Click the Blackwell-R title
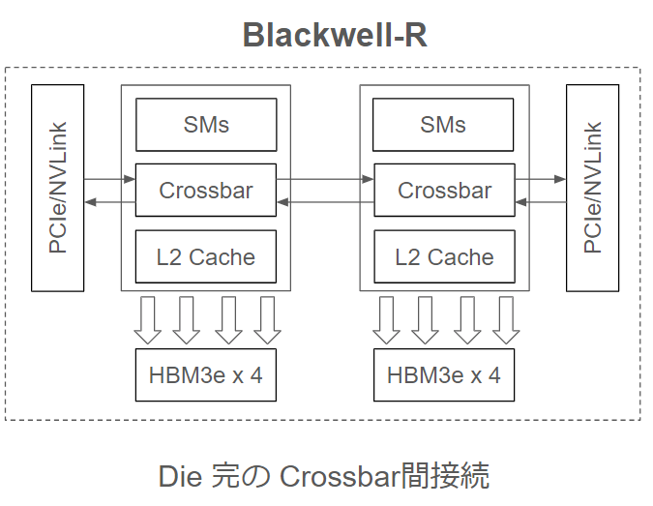(x=334, y=35)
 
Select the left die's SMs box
(x=206, y=125)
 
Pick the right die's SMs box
(x=443, y=125)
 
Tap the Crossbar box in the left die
(x=206, y=190)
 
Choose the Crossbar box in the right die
(x=444, y=190)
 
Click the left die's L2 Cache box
(x=206, y=256)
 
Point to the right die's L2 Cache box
(x=444, y=256)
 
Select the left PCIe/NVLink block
(x=57, y=188)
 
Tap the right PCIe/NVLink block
(x=592, y=188)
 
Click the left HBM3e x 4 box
(x=206, y=374)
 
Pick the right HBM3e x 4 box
(x=444, y=374)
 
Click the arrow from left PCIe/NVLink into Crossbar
(x=109, y=179)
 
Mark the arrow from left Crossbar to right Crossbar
(x=325, y=179)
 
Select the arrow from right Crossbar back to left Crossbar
(x=325, y=201)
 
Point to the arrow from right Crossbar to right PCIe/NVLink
(x=540, y=179)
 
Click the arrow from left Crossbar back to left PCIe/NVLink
(x=109, y=201)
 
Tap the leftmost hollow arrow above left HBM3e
(x=148, y=319)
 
